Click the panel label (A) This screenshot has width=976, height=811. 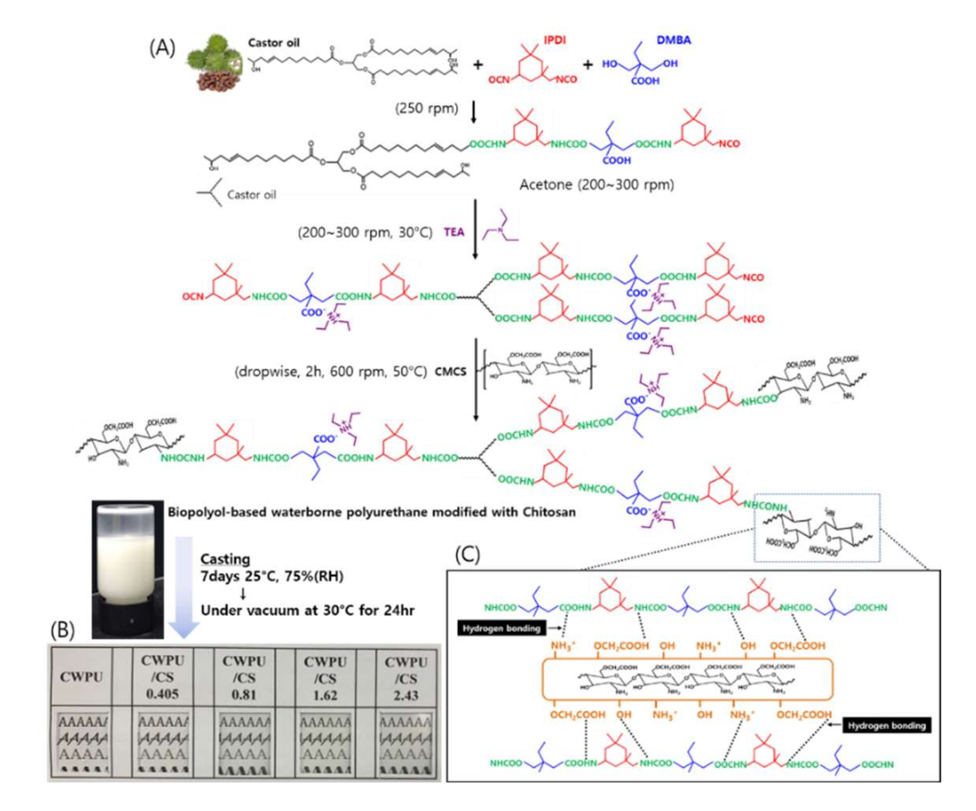tap(162, 48)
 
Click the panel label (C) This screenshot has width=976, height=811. tap(467, 554)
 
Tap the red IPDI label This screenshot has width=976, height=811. tap(555, 40)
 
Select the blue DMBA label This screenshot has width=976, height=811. tap(673, 40)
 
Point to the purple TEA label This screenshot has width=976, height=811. tap(453, 232)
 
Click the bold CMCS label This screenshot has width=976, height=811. tap(450, 372)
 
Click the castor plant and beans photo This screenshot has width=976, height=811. tap(215, 62)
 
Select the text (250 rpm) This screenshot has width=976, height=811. tap(426, 108)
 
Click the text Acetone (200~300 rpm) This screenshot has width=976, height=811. tap(596, 185)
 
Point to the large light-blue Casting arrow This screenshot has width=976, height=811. tap(184, 585)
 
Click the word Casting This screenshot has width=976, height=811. tap(225, 559)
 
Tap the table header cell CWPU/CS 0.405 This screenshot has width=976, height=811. tap(162, 677)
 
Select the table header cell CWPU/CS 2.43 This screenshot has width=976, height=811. tap(406, 678)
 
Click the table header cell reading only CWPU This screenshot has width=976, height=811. tap(81, 677)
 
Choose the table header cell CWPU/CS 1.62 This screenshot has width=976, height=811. tap(325, 678)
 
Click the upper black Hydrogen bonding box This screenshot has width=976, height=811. tap(501, 628)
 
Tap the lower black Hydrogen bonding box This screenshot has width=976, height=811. tap(886, 725)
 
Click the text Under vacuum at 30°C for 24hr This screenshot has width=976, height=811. tap(307, 610)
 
